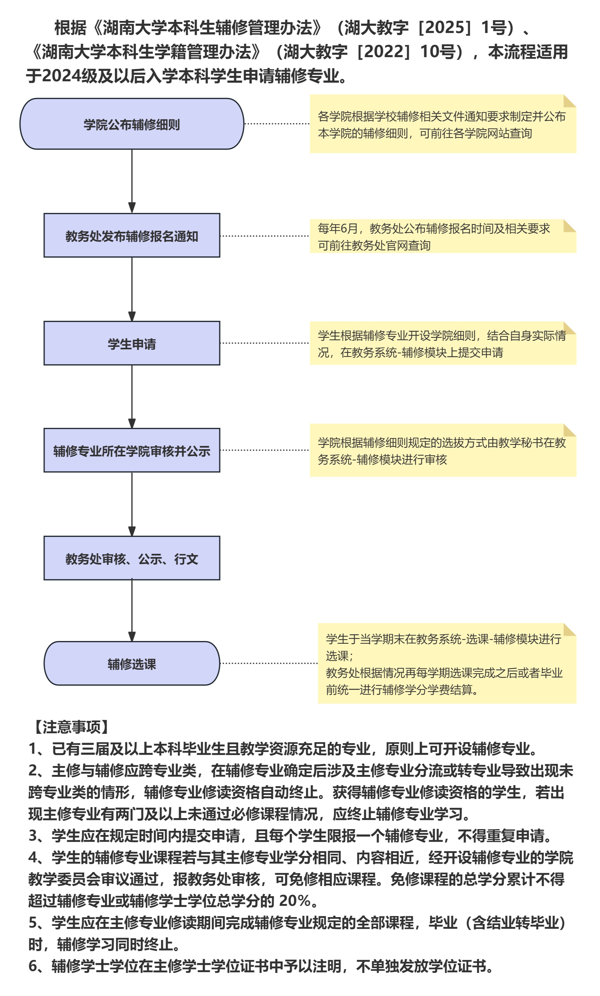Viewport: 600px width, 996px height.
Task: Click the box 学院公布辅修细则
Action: (132, 124)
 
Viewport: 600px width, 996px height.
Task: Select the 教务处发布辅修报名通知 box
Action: (132, 236)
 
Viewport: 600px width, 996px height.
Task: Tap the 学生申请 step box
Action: (132, 343)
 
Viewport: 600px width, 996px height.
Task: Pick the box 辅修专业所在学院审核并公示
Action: (132, 450)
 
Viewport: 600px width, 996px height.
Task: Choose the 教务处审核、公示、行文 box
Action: (132, 558)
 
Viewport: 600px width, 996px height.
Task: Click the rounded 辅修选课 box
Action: (132, 664)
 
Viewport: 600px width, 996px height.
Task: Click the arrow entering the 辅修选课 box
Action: (132, 610)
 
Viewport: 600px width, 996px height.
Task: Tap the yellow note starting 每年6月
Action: (442, 236)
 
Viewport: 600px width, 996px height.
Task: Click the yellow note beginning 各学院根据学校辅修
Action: (442, 124)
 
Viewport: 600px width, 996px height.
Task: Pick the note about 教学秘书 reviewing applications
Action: (442, 451)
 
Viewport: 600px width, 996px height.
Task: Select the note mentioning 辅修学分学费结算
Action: (446, 664)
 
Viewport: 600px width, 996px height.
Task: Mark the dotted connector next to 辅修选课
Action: (268, 663)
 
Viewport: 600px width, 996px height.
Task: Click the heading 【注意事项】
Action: (71, 727)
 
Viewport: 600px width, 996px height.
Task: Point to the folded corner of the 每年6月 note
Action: (569, 225)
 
